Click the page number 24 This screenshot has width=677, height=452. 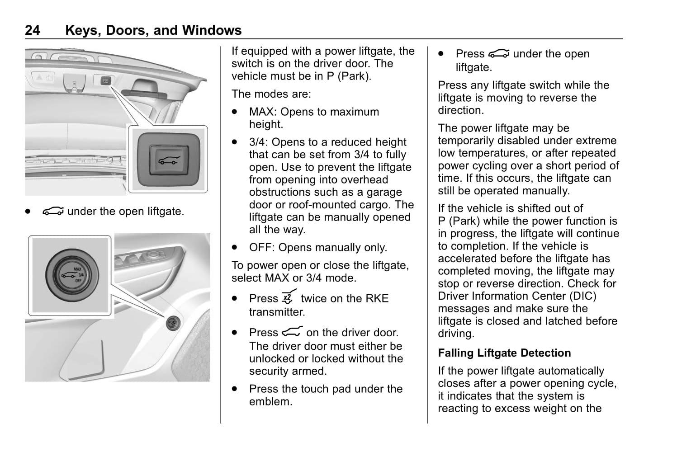(x=32, y=30)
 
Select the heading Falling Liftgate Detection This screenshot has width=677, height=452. (x=504, y=353)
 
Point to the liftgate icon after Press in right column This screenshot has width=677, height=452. (x=498, y=54)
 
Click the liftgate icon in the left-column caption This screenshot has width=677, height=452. (x=53, y=211)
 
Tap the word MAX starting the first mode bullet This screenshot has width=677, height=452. (x=261, y=112)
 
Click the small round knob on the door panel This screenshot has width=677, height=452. (x=173, y=322)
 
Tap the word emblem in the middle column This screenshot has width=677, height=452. (x=270, y=401)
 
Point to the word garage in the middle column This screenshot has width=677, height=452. (x=384, y=192)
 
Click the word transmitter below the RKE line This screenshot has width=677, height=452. (x=277, y=312)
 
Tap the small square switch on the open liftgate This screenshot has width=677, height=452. (x=105, y=81)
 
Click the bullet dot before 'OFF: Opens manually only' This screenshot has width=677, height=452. (x=234, y=248)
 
